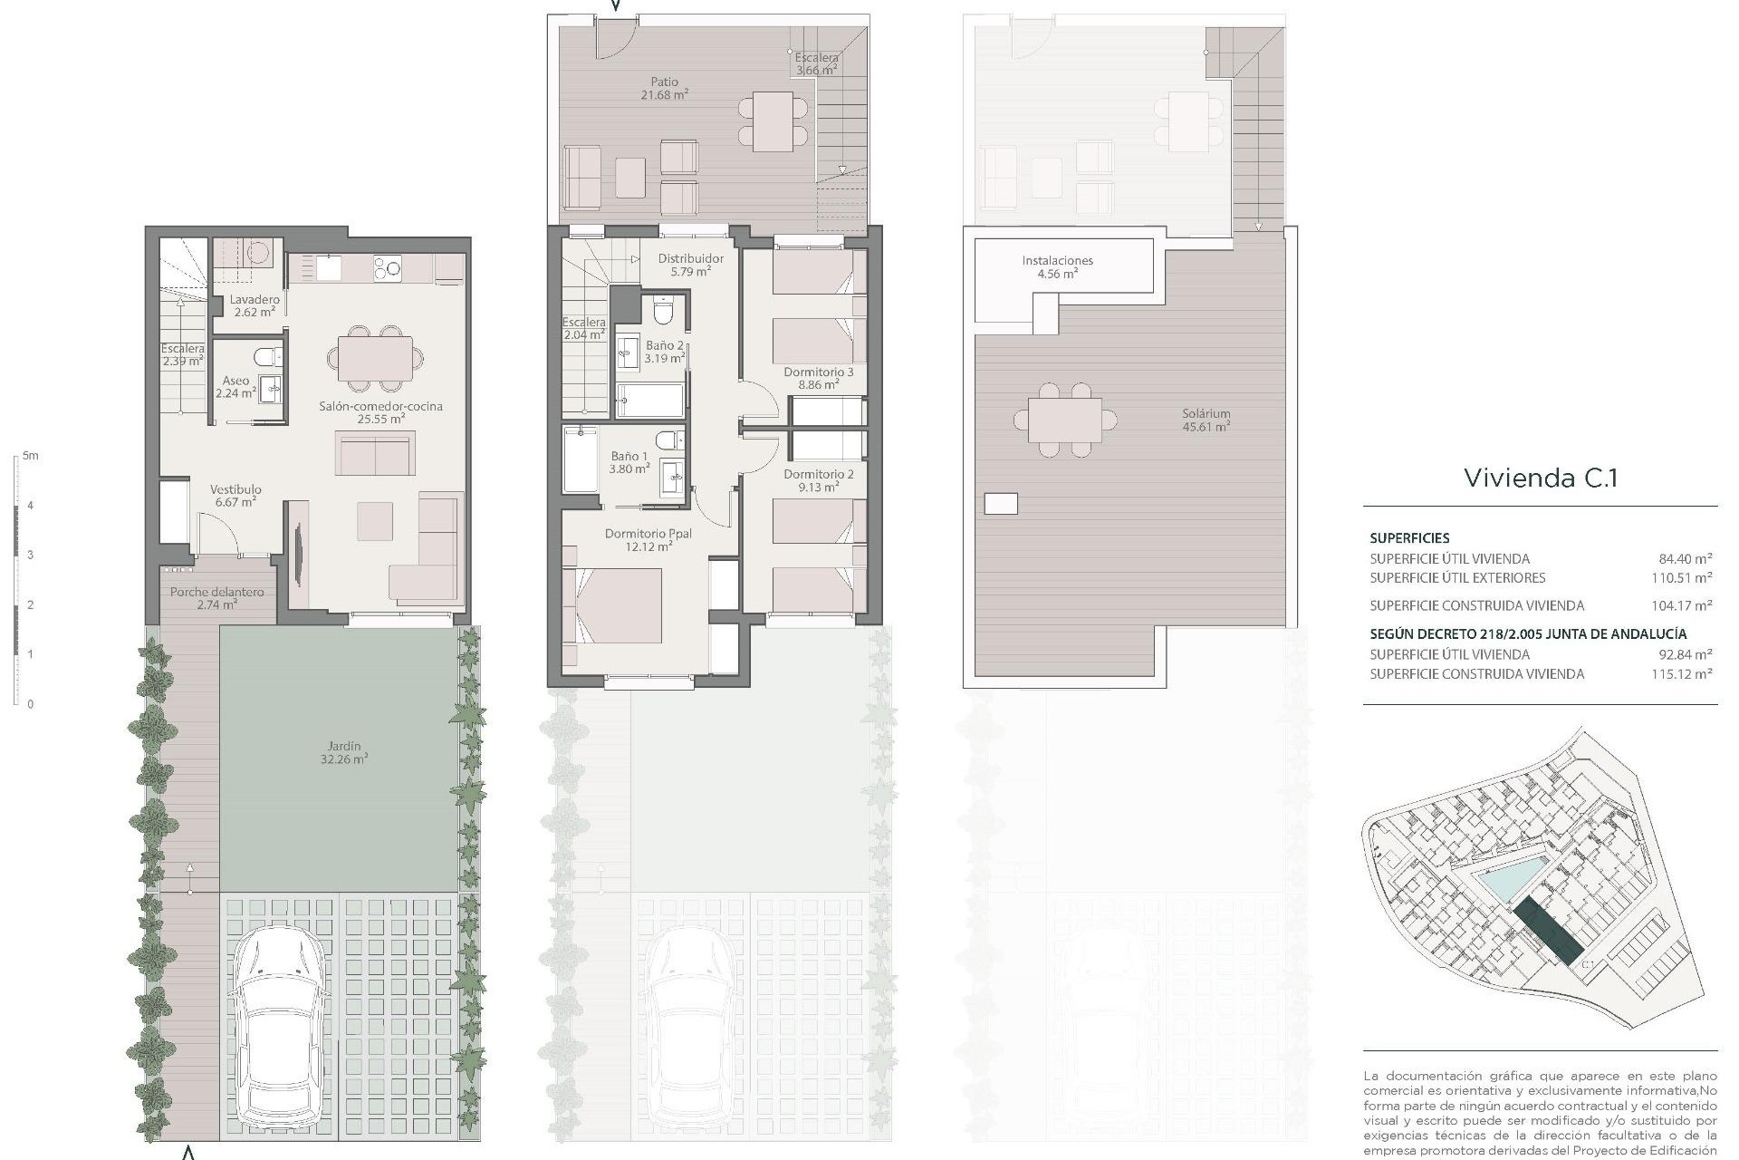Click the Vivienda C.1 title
[x=1540, y=478]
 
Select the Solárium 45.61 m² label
[x=1206, y=420]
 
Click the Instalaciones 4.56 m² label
[x=1057, y=266]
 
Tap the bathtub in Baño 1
[x=580, y=460]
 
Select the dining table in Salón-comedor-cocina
[x=375, y=358]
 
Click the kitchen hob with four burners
[x=389, y=267]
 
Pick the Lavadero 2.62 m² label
[x=255, y=305]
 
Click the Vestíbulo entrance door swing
[x=217, y=533]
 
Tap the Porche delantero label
[x=217, y=597]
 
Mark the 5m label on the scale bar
[x=31, y=456]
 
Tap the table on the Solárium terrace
[x=1064, y=420]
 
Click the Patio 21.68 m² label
[x=664, y=88]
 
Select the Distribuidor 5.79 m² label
[x=690, y=265]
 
